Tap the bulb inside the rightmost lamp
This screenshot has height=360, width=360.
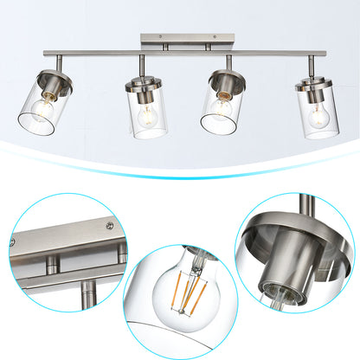coord(318,115)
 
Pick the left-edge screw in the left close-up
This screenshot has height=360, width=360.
coord(15,245)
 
